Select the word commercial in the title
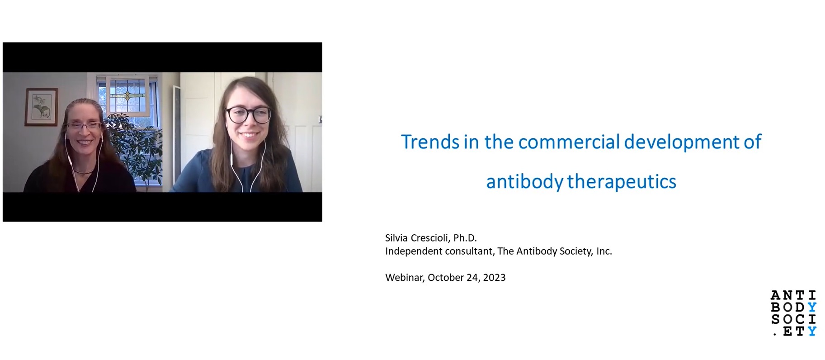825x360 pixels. point(569,142)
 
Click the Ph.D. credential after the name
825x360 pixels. point(465,238)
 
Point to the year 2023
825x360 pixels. point(494,278)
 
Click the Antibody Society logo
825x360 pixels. point(794,313)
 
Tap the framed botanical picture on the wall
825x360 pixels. point(41,107)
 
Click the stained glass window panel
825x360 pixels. point(128,96)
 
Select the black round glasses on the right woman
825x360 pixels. point(248,114)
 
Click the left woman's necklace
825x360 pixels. point(84,171)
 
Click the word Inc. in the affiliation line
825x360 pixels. point(604,251)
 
